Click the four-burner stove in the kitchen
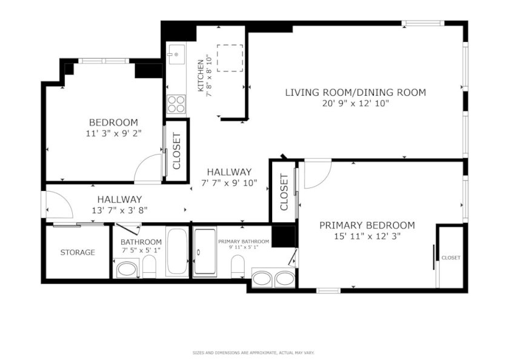(x=176, y=104)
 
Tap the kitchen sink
(x=176, y=54)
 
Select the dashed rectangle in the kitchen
(x=230, y=58)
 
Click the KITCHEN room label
(x=201, y=76)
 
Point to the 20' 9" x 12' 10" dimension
(x=356, y=104)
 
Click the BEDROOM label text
(x=114, y=122)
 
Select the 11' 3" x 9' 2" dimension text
(x=114, y=133)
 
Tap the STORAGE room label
(x=78, y=252)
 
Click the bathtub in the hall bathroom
(x=177, y=252)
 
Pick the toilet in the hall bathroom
(x=149, y=266)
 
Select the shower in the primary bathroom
(x=205, y=252)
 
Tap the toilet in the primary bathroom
(x=238, y=266)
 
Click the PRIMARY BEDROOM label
(x=367, y=225)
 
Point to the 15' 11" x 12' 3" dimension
(x=367, y=236)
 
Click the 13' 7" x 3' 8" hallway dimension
(x=120, y=210)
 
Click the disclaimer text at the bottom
(x=253, y=353)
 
